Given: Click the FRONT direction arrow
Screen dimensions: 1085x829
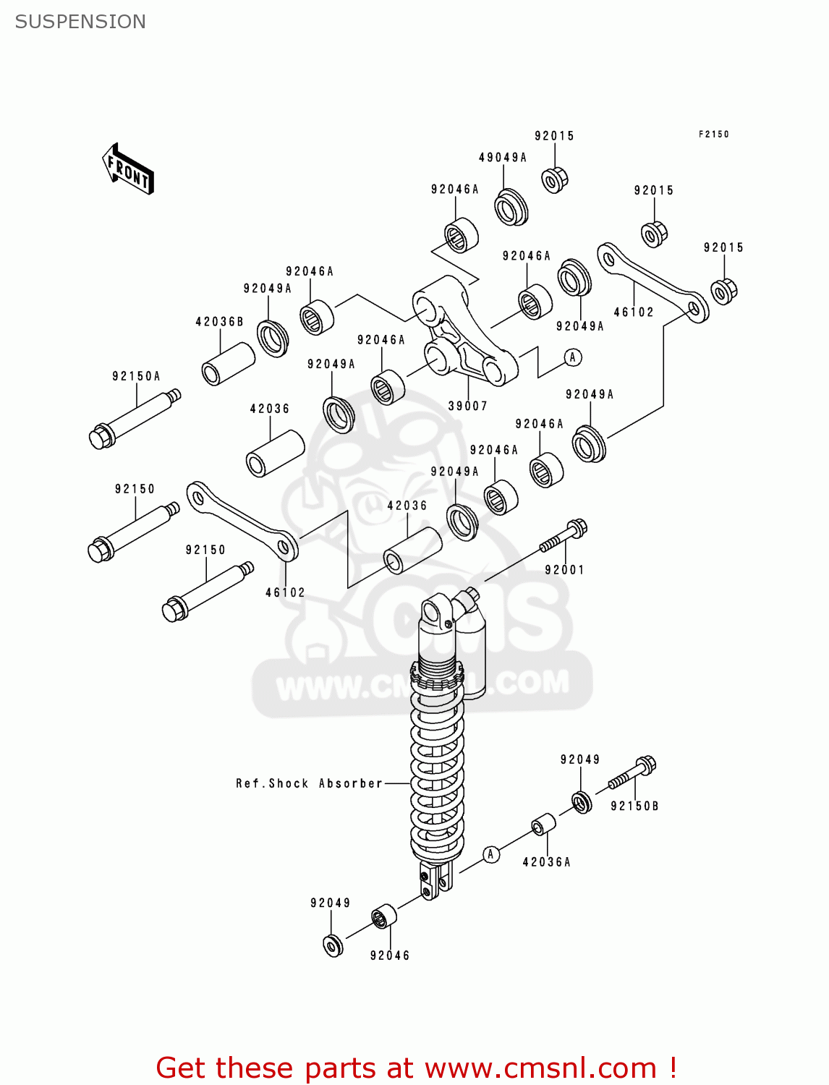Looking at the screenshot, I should pos(128,169).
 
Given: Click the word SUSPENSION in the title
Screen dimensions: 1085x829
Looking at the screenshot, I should pos(80,22).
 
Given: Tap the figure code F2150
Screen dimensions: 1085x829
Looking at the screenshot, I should pos(713,135).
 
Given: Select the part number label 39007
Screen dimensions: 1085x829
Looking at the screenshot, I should pos(467,406).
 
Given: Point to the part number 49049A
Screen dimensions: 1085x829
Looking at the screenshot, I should pos(502,158).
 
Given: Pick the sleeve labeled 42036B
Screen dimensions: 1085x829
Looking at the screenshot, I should pos(228,364).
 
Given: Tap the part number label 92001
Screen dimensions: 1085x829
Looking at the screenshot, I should pos(564,570).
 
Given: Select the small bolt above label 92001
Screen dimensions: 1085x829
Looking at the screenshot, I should pos(564,537).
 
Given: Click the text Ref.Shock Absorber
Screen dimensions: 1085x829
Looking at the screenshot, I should pos(309,783).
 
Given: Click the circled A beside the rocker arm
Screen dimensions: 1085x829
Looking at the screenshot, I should pos(573,357).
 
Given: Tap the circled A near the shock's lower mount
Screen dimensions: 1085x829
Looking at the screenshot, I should pos(490,854).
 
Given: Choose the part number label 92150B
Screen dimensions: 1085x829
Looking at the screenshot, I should pos(634,806).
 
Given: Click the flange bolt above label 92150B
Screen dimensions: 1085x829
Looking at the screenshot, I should pos(632,773).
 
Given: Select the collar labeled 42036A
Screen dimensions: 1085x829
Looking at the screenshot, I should pos(544,825).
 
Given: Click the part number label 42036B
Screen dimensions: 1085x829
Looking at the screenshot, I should pos(219,322).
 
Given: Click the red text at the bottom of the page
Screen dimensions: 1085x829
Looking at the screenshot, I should pos(416,1068).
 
